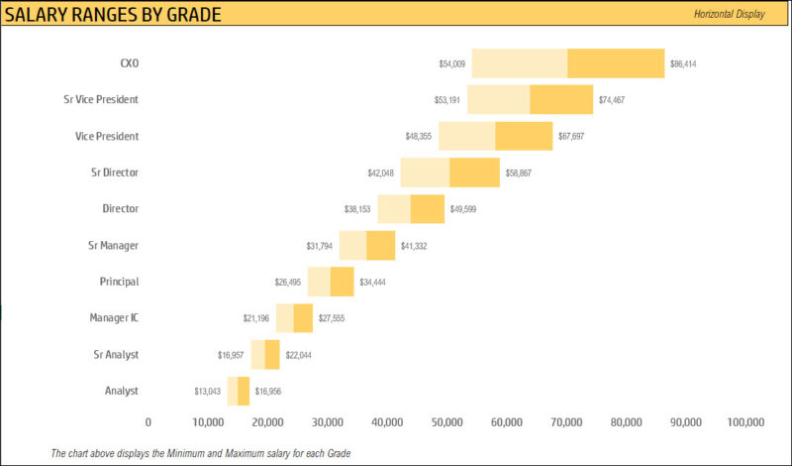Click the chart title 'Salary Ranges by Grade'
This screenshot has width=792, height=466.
tap(113, 14)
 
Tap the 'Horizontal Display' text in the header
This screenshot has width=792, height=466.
tap(729, 14)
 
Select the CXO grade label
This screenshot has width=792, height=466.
tap(129, 62)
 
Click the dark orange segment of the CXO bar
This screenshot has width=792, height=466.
tap(616, 62)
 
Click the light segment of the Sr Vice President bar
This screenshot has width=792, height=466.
tap(498, 99)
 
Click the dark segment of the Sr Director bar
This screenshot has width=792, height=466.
tap(474, 173)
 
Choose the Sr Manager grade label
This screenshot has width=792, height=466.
tap(114, 245)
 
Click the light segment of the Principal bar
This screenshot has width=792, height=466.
tap(318, 282)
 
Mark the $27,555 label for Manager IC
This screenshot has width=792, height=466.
tap(332, 319)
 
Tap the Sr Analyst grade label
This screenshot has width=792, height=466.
tap(115, 354)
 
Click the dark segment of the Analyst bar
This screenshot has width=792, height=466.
tap(244, 391)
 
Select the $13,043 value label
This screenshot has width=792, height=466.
tap(208, 392)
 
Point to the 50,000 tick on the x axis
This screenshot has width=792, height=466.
tap(446, 422)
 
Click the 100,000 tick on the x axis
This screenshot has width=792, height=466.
tap(745, 422)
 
